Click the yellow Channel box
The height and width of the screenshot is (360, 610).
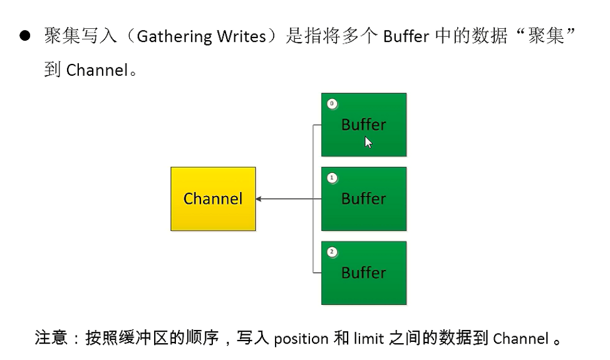(x=213, y=199)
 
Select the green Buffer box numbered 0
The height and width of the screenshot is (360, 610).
(x=364, y=125)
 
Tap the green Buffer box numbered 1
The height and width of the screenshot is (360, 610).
(x=364, y=198)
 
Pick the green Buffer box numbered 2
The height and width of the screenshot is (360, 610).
(x=364, y=273)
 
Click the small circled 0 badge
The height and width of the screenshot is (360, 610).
(x=332, y=104)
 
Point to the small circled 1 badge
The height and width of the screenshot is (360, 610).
(x=332, y=178)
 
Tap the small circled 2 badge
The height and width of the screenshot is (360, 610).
(x=332, y=252)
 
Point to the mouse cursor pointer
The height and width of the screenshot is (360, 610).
(x=368, y=142)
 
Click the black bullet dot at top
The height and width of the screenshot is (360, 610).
(x=25, y=36)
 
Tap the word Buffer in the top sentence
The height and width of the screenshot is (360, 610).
(x=406, y=36)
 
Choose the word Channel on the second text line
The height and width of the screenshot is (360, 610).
(x=96, y=70)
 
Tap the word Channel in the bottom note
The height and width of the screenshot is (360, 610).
(x=520, y=339)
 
